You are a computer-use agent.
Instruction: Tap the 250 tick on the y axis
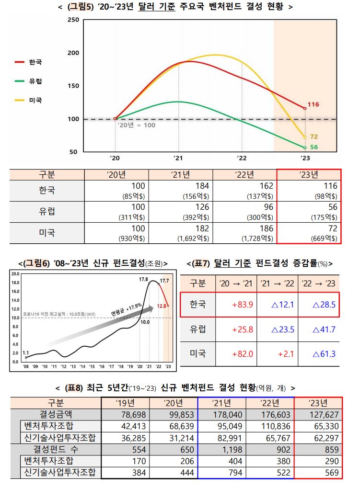[x=73, y=20]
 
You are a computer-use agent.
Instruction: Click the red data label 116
[x=313, y=104]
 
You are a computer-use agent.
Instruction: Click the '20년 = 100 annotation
[x=137, y=125]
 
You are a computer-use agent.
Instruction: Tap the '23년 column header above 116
[x=308, y=174]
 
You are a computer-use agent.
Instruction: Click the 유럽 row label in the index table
[x=46, y=211]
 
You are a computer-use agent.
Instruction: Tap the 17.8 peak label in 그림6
[x=143, y=279]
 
